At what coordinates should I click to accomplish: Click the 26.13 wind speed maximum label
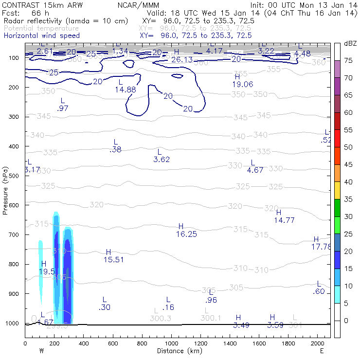click(x=182, y=59)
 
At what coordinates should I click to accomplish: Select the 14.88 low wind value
click(x=126, y=90)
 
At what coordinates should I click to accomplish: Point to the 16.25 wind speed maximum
click(x=186, y=234)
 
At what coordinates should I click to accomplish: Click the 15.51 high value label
click(x=114, y=260)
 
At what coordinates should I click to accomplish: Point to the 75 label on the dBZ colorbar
click(x=348, y=61)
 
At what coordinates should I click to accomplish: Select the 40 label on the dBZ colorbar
click(x=348, y=182)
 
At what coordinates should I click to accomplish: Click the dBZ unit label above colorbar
click(x=350, y=43)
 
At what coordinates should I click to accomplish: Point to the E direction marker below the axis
click(x=322, y=351)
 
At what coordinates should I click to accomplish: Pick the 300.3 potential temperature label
click(x=161, y=318)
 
